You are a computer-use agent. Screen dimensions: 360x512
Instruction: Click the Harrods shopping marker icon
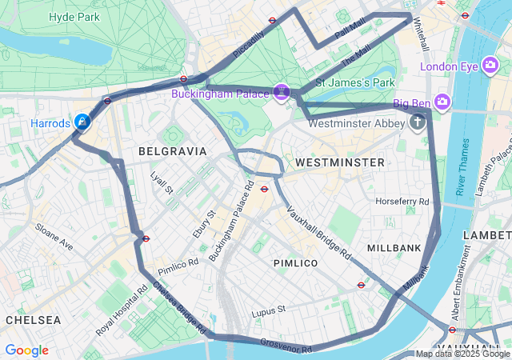click(82, 122)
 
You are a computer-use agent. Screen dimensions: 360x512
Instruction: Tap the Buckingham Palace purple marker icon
click(281, 93)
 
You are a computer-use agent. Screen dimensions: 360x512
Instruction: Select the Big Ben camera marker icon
click(442, 102)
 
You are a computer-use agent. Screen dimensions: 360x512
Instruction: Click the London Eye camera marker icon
click(491, 66)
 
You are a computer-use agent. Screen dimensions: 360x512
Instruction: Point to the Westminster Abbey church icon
click(417, 122)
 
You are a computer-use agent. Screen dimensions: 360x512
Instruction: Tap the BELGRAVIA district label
click(172, 151)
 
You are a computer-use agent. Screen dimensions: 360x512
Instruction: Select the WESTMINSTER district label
click(339, 162)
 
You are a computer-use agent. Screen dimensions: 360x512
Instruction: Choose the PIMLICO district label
click(295, 263)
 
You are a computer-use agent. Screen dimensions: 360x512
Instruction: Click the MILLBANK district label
click(394, 248)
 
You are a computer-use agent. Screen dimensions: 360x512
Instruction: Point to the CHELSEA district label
click(33, 319)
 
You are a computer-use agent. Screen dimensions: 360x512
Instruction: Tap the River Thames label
click(462, 167)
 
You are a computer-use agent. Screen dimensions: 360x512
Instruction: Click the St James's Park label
click(355, 82)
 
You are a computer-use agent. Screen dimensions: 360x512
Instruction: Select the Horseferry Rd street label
click(402, 201)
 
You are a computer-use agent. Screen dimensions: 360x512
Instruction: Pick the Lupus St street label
click(268, 310)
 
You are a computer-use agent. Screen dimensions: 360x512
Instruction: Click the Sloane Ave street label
click(54, 237)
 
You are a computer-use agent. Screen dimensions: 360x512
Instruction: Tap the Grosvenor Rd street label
click(286, 346)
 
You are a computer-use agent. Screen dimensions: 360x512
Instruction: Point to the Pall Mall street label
click(350, 31)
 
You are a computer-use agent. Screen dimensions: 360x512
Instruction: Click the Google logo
click(26, 350)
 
